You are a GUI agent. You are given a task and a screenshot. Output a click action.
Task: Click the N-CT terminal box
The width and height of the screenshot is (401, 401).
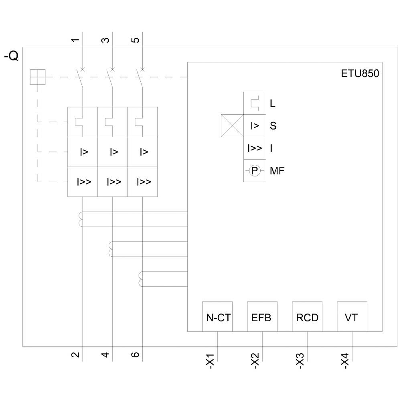[217, 317]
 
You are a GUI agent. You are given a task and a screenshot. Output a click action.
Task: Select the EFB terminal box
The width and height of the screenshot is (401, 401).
[262, 317]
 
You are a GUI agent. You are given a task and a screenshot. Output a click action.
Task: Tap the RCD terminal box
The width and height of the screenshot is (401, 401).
[307, 317]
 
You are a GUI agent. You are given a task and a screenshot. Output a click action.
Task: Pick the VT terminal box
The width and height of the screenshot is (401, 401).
[352, 317]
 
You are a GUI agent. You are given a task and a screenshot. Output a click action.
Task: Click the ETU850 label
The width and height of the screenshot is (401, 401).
[359, 74]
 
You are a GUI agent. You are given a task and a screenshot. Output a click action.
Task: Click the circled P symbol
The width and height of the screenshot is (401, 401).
[255, 171]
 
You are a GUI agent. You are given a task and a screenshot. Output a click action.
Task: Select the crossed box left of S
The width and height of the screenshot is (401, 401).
[233, 126]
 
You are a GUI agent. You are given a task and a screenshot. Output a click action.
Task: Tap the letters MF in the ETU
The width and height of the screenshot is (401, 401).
[277, 171]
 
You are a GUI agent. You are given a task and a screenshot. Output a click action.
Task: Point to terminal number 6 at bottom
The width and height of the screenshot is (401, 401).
[136, 354]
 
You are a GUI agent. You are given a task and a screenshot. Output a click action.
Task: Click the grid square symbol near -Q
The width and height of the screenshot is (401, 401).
[38, 77]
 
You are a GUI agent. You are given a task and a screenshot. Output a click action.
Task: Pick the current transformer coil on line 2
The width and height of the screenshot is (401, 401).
[81, 219]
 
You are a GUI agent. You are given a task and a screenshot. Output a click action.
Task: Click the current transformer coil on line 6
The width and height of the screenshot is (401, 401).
[141, 279]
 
